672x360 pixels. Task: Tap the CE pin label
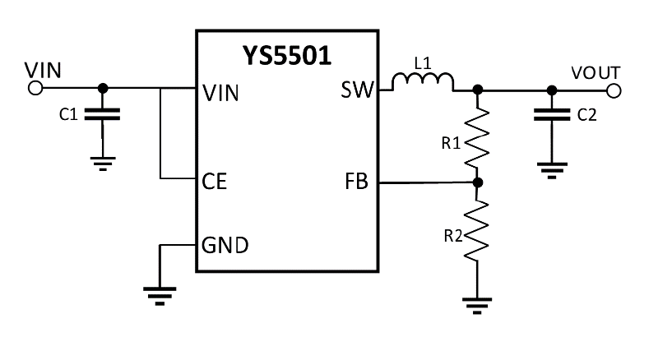coord(215,182)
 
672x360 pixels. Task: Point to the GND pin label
coord(225,245)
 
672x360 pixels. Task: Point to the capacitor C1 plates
coord(102,114)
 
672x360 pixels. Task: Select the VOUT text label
coord(596,72)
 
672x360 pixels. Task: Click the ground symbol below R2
coord(478,307)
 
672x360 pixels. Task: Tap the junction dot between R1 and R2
coord(478,182)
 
